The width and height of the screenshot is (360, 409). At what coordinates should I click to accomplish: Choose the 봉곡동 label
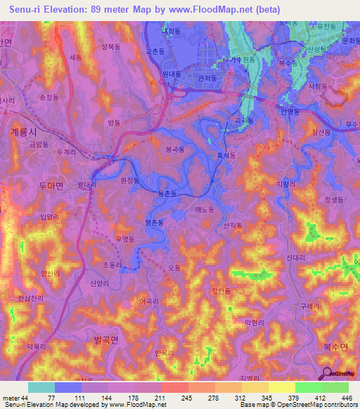point(174,150)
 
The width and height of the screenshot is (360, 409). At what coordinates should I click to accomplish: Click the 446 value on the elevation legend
point(345,398)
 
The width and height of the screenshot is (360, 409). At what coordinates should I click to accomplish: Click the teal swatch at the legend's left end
point(41,387)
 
